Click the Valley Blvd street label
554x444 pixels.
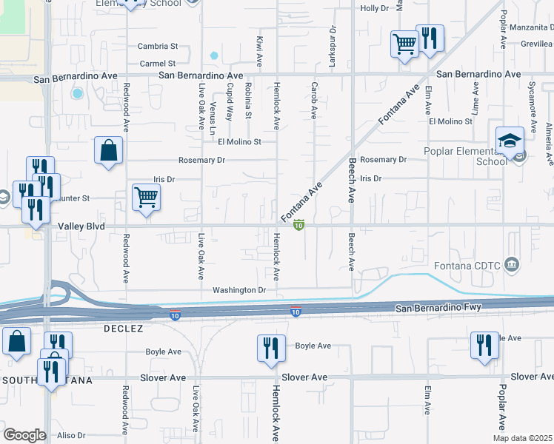[x=78, y=226]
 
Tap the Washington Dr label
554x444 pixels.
[x=238, y=290]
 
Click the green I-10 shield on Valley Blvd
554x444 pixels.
[x=298, y=225]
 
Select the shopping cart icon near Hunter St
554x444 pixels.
[x=146, y=197]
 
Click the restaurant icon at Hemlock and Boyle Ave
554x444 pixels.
[x=270, y=348]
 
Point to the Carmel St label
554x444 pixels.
[x=157, y=64]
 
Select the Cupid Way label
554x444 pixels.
[x=230, y=101]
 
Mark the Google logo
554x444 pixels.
[x=24, y=435]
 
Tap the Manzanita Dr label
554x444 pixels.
[x=527, y=27]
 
